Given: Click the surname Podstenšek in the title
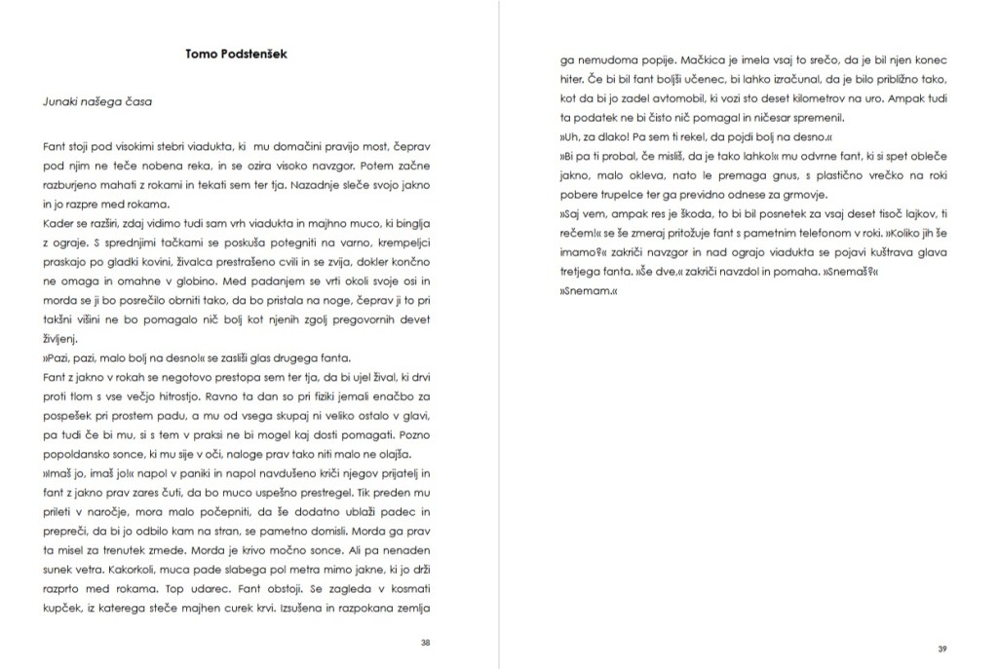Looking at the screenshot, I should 254,54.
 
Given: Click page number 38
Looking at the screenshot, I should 425,642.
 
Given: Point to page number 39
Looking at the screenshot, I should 941,648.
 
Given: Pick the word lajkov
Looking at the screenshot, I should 909,214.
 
